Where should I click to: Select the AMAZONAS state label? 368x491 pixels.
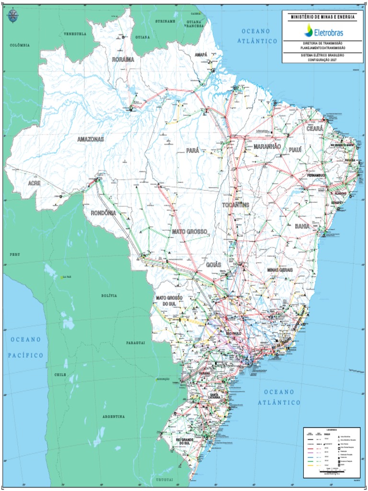tap(91, 139)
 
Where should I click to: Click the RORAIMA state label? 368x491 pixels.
tap(123, 59)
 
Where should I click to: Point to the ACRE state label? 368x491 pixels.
tap(34, 183)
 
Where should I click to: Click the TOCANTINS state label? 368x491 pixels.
tap(236, 205)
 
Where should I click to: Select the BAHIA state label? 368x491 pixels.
tap(302, 226)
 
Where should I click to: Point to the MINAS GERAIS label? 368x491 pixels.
tap(280, 270)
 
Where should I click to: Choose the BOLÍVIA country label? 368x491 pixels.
tap(109, 296)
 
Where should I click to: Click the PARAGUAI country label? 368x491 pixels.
tap(136, 343)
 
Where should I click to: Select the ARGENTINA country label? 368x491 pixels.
tap(114, 417)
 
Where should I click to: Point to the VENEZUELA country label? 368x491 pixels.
tap(75, 34)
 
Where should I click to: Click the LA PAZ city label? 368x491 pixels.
tap(66, 277)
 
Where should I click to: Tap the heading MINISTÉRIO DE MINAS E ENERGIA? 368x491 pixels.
tap(323, 17)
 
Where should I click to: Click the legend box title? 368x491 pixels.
tap(332, 430)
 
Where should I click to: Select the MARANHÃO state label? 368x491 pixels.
tap(267, 146)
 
